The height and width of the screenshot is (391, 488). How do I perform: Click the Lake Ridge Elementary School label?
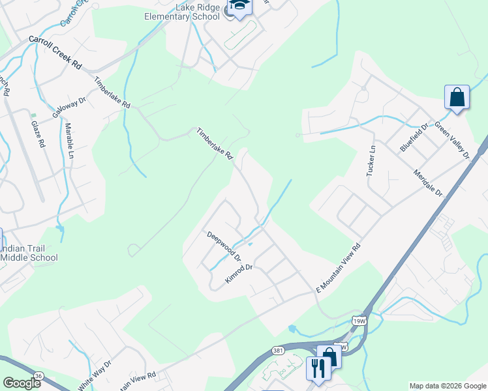[x=188, y=12]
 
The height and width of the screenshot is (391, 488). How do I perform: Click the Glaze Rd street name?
[x=38, y=133]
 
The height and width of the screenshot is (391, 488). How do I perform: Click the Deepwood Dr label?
[x=224, y=244]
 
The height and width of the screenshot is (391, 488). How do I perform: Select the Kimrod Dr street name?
[x=239, y=273]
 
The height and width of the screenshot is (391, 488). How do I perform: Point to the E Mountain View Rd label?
[x=338, y=268]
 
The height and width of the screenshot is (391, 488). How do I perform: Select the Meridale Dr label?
[x=427, y=183]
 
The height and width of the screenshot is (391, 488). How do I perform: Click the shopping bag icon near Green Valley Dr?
[x=457, y=98]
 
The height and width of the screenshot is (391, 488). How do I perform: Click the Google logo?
[x=22, y=383]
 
